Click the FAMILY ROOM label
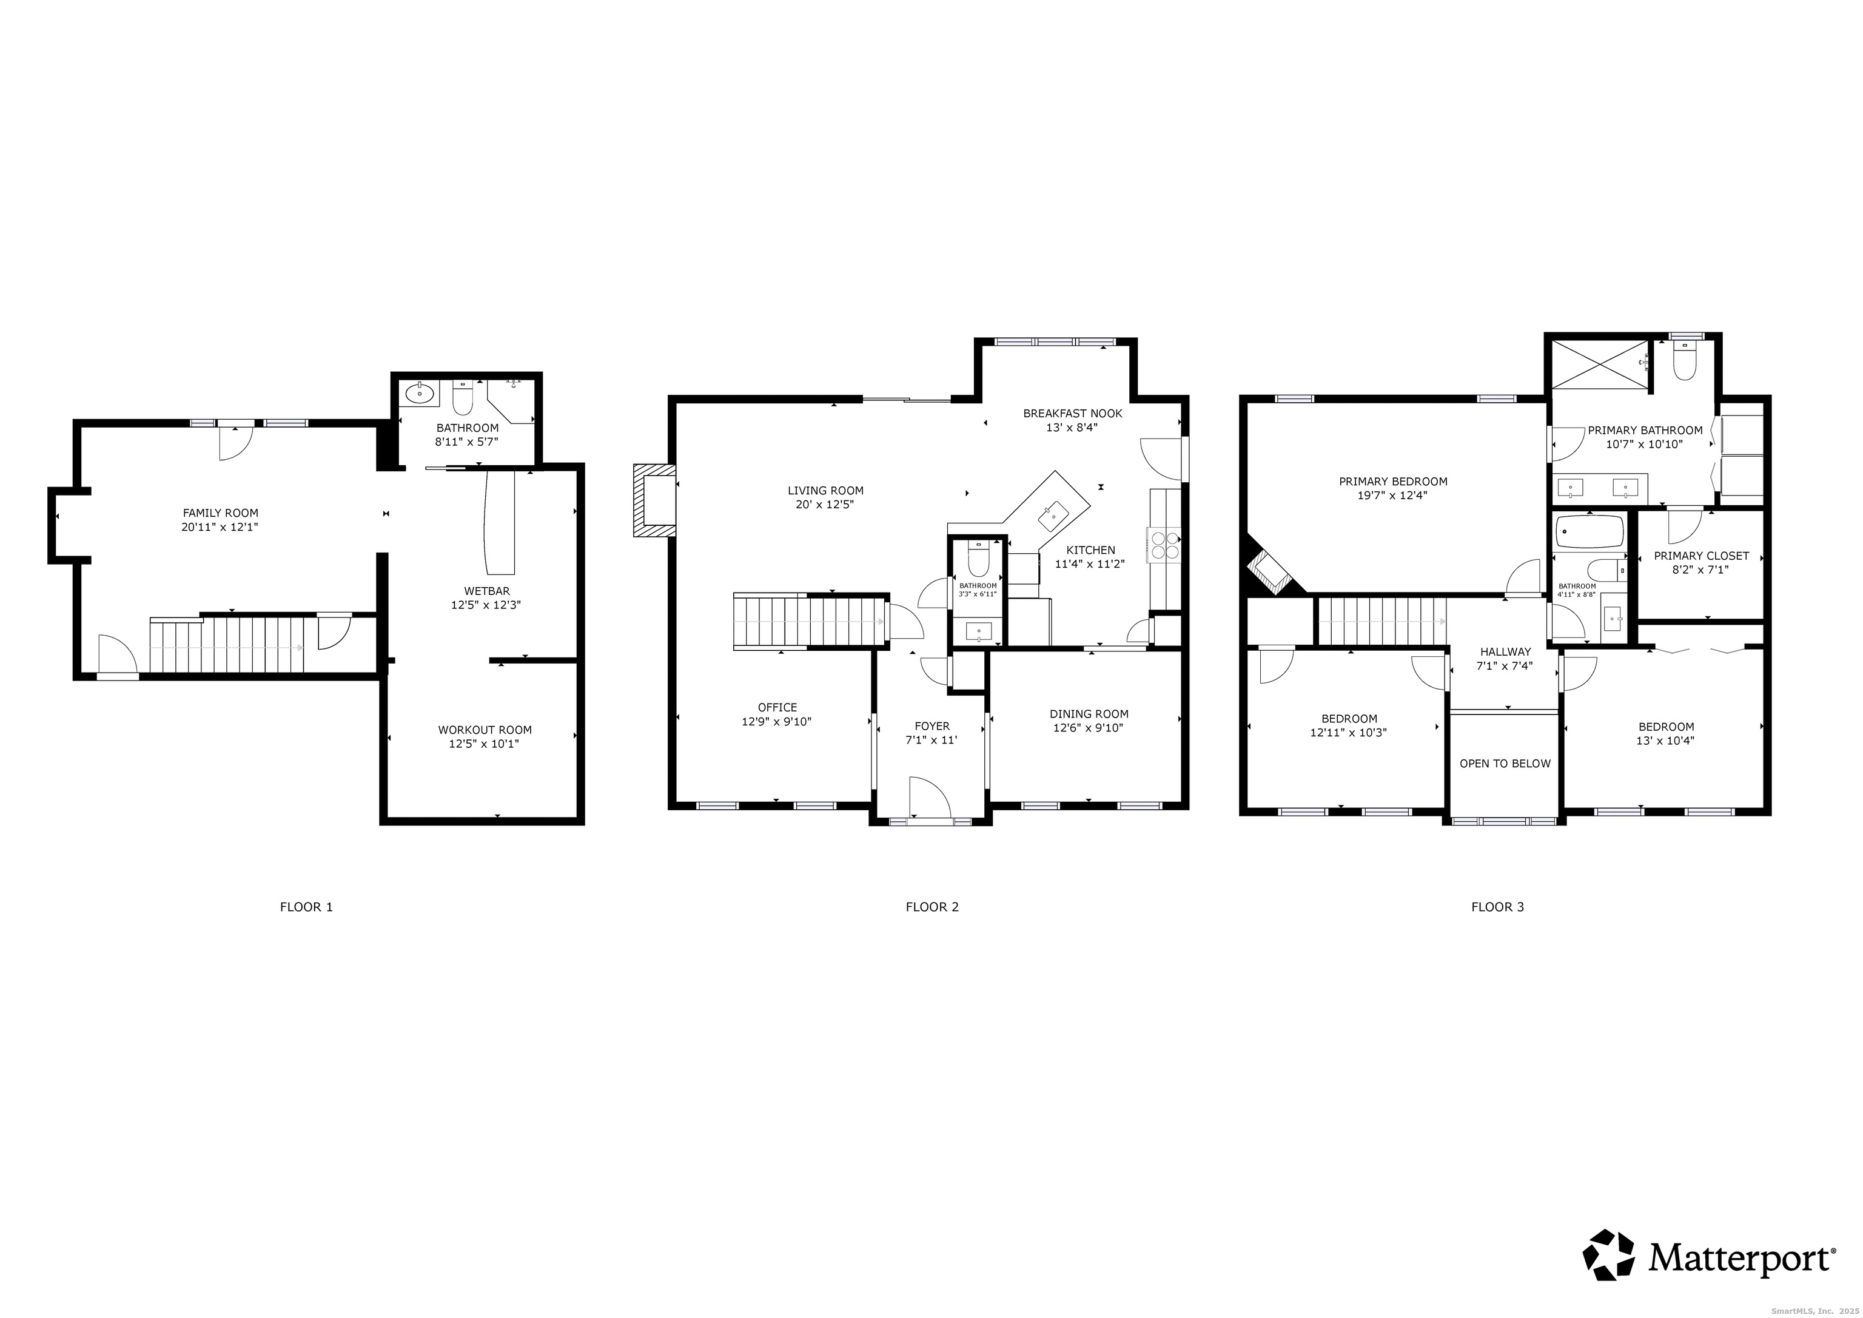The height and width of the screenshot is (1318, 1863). click(x=220, y=513)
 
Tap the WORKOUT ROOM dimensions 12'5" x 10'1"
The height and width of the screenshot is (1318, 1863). click(x=485, y=744)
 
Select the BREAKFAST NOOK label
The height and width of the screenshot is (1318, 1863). click(x=1072, y=413)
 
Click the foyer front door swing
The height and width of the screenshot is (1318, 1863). click(x=929, y=797)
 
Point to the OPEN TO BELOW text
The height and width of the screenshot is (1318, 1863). click(x=1505, y=764)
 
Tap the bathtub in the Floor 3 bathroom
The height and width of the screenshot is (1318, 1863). click(x=1589, y=533)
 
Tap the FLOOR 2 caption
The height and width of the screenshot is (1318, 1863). click(x=931, y=907)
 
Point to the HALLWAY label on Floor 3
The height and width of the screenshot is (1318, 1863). click(x=1505, y=651)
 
